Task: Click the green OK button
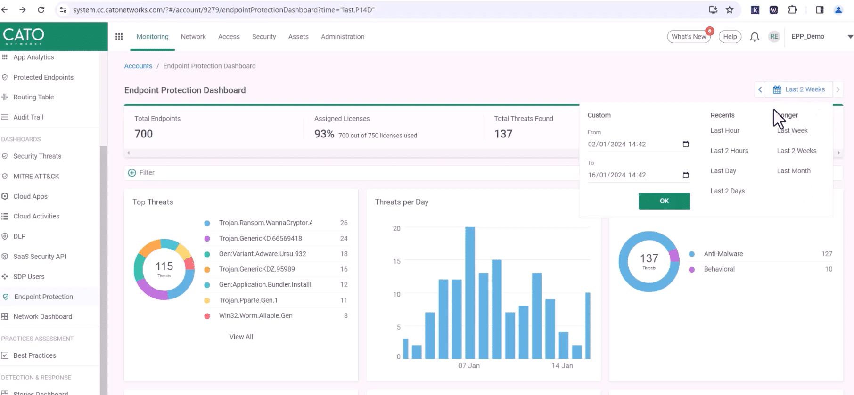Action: tap(664, 201)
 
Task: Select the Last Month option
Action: tap(794, 171)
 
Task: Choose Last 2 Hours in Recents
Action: tap(729, 151)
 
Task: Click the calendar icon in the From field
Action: tap(686, 144)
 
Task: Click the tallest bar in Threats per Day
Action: tap(470, 292)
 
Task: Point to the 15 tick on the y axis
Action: tap(397, 261)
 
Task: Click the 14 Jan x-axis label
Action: tap(562, 366)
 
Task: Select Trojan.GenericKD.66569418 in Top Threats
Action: tap(260, 238)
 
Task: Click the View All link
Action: tap(241, 337)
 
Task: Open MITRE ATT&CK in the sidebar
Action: tap(36, 176)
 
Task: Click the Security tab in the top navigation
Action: tap(264, 37)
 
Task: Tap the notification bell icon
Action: tap(755, 37)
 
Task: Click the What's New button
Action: tap(689, 37)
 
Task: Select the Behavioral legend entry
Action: tap(719, 269)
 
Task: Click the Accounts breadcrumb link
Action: tap(138, 66)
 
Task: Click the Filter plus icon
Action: tap(132, 173)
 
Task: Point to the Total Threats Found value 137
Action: tap(503, 134)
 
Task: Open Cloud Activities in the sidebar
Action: tap(36, 216)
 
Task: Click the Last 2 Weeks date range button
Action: tap(799, 89)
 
